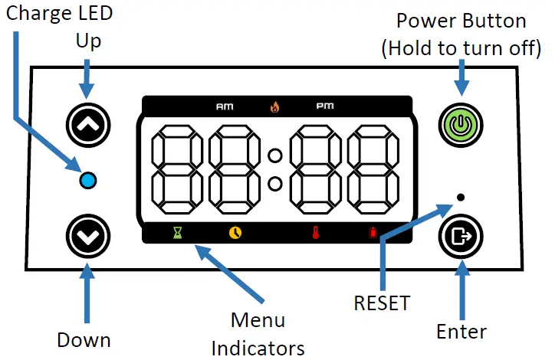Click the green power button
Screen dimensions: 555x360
click(x=461, y=125)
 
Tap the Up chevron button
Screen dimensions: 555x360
click(x=88, y=125)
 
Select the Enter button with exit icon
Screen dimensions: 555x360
click(x=461, y=236)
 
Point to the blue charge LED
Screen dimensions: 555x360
click(x=88, y=180)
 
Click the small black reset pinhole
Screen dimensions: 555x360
click(x=461, y=197)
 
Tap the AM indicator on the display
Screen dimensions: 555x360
click(x=225, y=106)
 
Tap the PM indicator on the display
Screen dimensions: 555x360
click(x=325, y=106)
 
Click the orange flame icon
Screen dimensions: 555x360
click(x=274, y=106)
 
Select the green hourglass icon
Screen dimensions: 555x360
click(x=178, y=233)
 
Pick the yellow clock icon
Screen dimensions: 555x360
click(x=235, y=233)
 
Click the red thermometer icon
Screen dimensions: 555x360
click(x=316, y=233)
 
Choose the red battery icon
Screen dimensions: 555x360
click(x=373, y=233)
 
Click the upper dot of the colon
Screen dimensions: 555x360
click(x=274, y=155)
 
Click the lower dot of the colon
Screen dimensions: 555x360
click(x=274, y=184)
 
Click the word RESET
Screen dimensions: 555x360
click(x=382, y=303)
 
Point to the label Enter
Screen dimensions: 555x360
click(x=461, y=332)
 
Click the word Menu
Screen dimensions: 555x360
click(x=258, y=320)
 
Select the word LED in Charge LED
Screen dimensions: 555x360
click(x=95, y=13)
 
